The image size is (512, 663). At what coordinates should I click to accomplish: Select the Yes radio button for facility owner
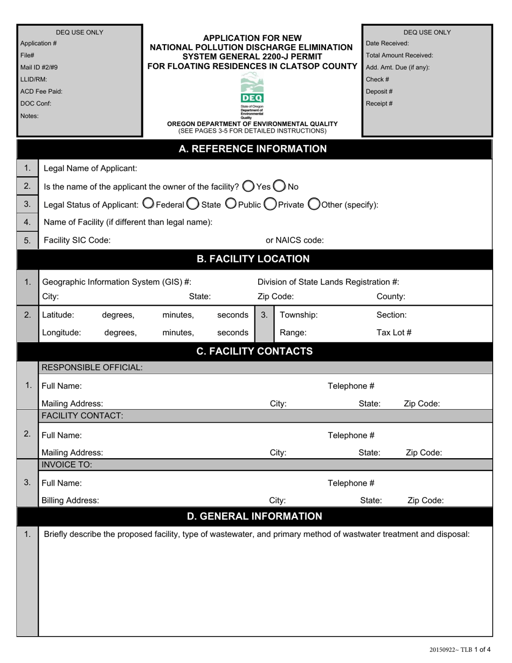click(x=248, y=186)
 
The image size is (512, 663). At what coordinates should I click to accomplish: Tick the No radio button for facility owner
click(x=279, y=186)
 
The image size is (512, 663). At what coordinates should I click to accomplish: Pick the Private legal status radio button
click(x=270, y=204)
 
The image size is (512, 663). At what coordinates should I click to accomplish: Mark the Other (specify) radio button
click(x=314, y=204)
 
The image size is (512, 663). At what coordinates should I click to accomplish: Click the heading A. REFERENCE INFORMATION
click(x=252, y=149)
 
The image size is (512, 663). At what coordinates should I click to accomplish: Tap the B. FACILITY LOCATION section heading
click(x=252, y=259)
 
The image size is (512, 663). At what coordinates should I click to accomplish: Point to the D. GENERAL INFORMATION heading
click(x=254, y=516)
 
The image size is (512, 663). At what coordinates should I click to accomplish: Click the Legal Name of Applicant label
click(x=90, y=168)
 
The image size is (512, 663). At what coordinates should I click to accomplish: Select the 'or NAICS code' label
click(x=295, y=240)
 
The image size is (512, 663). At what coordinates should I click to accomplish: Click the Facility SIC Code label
click(x=77, y=240)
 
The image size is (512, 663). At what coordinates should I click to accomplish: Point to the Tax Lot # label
click(x=393, y=332)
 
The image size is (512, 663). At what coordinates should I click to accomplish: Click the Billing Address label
click(x=70, y=500)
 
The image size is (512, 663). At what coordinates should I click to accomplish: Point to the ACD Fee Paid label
click(x=41, y=92)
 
